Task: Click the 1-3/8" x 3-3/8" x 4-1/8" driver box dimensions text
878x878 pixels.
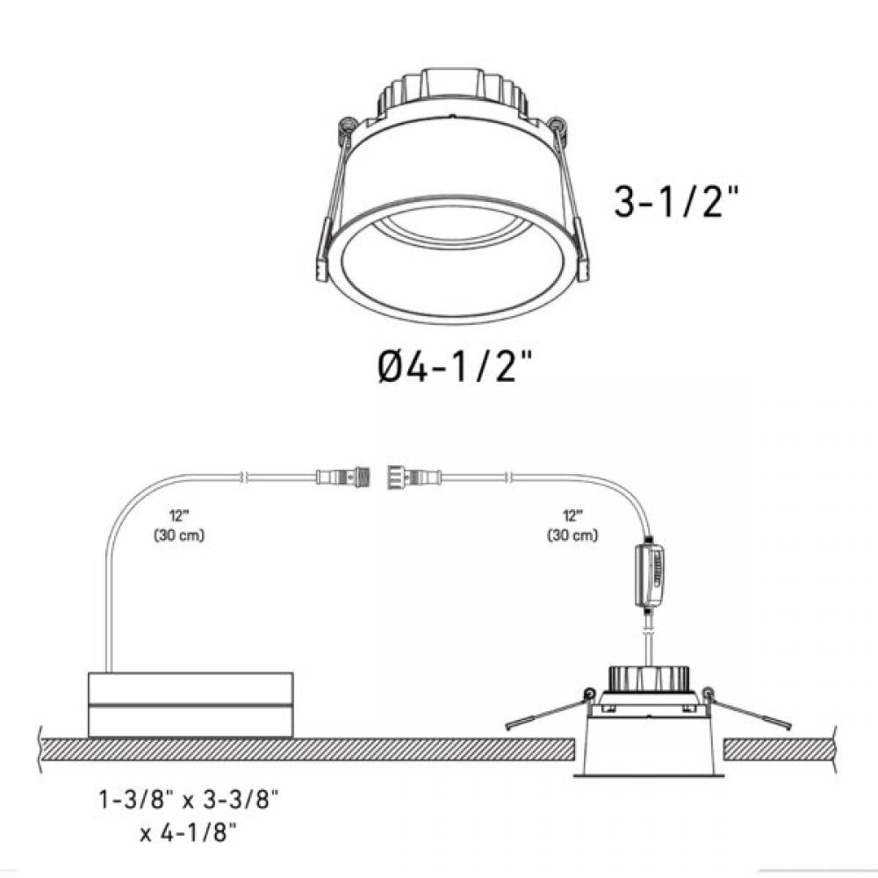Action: coord(189,816)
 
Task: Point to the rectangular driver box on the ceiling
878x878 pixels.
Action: coord(191,704)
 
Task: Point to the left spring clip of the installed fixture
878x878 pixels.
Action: coord(544,713)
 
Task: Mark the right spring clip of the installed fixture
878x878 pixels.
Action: coord(751,713)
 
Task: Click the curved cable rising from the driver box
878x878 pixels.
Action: coord(123,544)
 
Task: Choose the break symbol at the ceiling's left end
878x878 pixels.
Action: coord(42,749)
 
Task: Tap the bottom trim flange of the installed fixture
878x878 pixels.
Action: coord(650,775)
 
